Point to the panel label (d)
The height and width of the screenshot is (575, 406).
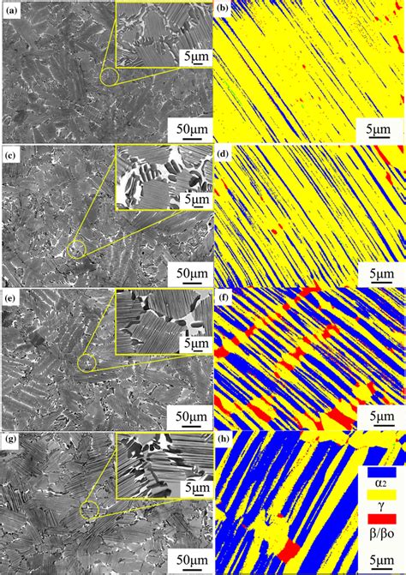pyautogui.click(x=222, y=154)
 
